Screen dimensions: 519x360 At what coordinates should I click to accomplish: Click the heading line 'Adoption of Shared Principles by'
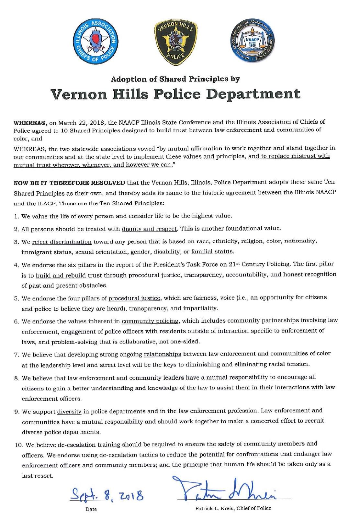175,79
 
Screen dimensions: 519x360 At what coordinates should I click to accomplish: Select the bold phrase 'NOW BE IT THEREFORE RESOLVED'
69,183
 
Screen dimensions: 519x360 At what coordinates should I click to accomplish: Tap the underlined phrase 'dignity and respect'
149,229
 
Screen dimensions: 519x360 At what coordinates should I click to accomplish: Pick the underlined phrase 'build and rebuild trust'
69,275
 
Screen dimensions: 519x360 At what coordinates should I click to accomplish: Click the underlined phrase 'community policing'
150,321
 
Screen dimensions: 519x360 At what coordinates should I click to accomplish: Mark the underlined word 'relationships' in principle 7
162,354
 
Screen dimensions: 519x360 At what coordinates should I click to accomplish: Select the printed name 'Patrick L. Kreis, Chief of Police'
233,508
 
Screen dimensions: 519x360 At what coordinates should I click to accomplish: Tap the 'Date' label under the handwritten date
91,509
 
